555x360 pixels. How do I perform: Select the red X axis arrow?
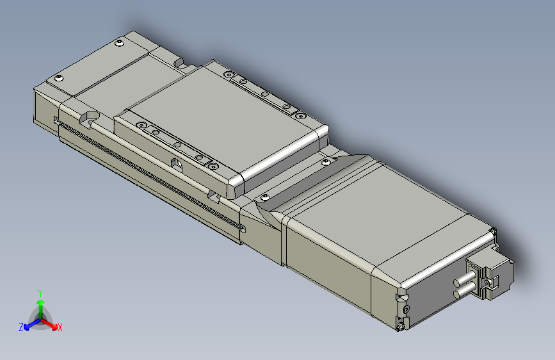click(51, 323)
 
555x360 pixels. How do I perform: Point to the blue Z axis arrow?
click(30, 324)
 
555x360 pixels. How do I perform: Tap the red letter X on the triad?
click(60, 328)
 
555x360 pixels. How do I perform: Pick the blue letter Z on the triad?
click(21, 327)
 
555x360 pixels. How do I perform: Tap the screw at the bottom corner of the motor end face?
click(401, 326)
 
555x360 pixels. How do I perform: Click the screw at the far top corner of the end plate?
click(120, 44)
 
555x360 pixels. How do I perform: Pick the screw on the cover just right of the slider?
click(328, 163)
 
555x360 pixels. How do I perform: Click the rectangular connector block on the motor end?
click(492, 275)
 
